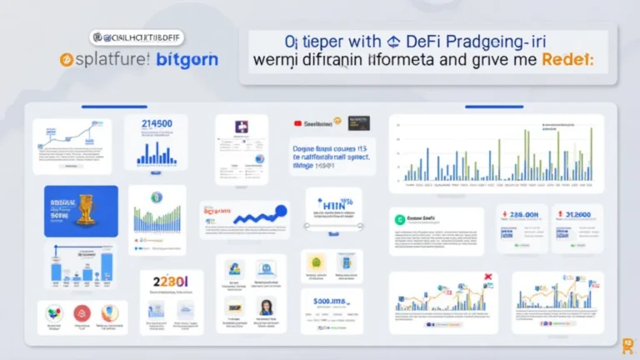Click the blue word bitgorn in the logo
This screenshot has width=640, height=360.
point(186,61)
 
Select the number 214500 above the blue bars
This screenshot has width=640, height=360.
point(158,124)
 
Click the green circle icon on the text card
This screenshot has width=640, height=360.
point(401,220)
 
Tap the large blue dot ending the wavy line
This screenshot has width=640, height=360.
point(281,211)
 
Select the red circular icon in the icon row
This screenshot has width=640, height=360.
point(82,313)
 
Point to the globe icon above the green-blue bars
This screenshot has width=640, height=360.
point(156,197)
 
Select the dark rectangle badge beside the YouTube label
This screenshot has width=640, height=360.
point(358,122)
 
